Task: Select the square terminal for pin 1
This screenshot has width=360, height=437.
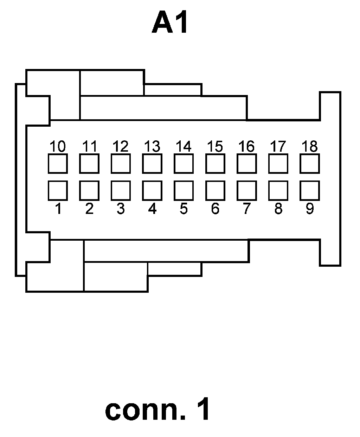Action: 58,190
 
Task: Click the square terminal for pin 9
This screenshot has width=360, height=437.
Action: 310,190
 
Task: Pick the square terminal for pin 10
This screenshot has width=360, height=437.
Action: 58,164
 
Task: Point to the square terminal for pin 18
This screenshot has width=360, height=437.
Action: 310,164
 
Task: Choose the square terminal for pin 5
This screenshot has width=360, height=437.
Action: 184,190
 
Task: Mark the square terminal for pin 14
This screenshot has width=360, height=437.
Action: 184,164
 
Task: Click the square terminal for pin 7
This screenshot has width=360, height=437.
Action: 246,190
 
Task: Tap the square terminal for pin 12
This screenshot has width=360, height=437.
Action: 121,164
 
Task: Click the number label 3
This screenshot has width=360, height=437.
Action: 121,209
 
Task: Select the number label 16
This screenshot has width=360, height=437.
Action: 246,146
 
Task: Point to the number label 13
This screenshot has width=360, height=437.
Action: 152,146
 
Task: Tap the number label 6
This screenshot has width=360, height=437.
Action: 215,209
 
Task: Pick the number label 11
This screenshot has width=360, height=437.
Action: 89,146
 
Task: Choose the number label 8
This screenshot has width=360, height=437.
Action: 278,209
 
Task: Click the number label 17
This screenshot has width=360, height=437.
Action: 278,146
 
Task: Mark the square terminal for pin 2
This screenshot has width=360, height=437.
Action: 89,190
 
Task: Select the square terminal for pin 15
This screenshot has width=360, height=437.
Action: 215,164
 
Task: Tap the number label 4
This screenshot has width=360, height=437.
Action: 152,209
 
